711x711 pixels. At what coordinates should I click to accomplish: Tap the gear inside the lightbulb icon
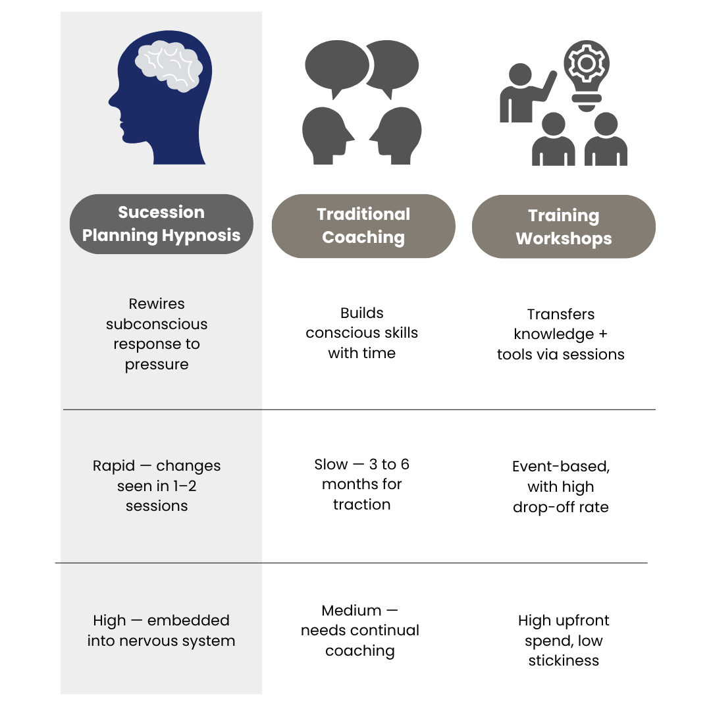(x=587, y=63)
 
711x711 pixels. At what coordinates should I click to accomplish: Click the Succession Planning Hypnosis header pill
(x=161, y=224)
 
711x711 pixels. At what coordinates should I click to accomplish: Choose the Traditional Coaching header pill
(x=363, y=226)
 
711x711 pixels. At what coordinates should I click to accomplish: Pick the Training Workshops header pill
(x=564, y=226)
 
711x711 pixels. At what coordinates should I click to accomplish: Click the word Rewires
(x=157, y=303)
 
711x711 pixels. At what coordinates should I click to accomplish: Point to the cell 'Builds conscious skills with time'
(x=362, y=333)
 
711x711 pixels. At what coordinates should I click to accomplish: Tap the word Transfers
(x=561, y=314)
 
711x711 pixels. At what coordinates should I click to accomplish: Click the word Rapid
(x=114, y=466)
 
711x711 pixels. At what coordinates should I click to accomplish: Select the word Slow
(x=330, y=464)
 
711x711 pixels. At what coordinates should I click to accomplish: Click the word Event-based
(x=561, y=467)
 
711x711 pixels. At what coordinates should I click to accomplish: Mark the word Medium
(x=352, y=611)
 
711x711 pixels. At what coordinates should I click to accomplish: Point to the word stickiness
(x=564, y=661)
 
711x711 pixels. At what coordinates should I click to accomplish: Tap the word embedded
(x=188, y=620)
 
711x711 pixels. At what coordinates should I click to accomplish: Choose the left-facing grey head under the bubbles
(x=395, y=136)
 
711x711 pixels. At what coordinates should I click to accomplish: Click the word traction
(x=362, y=505)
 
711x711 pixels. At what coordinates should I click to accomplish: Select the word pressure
(x=157, y=365)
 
